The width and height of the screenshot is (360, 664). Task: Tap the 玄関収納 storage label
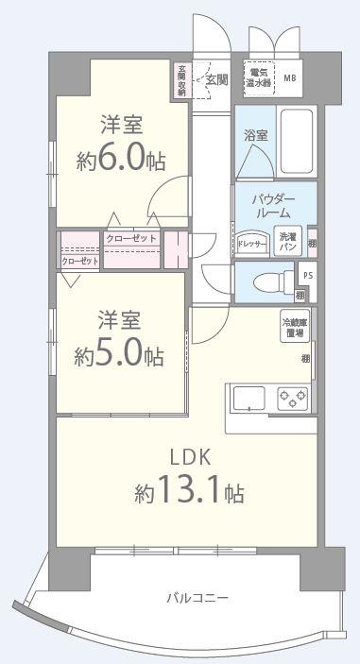point(182,80)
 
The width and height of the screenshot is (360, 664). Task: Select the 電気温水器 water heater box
point(258,77)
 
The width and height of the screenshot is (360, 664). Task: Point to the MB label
point(289,78)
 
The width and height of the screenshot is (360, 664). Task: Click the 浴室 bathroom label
point(255,135)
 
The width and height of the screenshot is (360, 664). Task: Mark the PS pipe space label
point(307,275)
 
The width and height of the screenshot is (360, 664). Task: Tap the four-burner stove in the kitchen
point(293,398)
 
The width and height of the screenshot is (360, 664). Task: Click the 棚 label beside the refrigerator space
point(305,358)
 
